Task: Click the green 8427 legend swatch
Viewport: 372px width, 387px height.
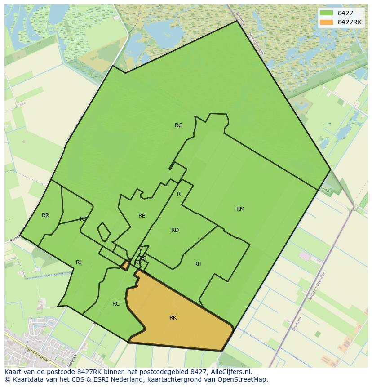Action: pyautogui.click(x=326, y=13)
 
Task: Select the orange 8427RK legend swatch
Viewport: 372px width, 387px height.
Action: pyautogui.click(x=326, y=22)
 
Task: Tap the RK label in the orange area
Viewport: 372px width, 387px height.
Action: pyautogui.click(x=173, y=318)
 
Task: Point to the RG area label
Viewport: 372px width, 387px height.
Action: pyautogui.click(x=179, y=125)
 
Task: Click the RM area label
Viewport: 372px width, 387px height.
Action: pyautogui.click(x=240, y=209)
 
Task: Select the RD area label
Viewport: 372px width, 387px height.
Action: pyautogui.click(x=175, y=230)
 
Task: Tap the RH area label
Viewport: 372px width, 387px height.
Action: pyautogui.click(x=198, y=264)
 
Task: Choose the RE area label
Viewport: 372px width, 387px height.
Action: pyautogui.click(x=142, y=216)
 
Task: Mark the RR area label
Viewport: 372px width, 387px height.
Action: pyautogui.click(x=45, y=215)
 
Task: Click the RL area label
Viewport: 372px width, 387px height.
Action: pyautogui.click(x=79, y=262)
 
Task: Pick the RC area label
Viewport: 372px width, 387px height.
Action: pyautogui.click(x=116, y=304)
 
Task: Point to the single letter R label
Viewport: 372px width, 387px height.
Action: pyautogui.click(x=179, y=194)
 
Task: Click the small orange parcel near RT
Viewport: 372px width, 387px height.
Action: pyautogui.click(x=125, y=265)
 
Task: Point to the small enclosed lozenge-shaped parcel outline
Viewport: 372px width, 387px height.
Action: pyautogui.click(x=104, y=232)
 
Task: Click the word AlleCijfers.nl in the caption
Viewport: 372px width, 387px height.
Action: pyautogui.click(x=230, y=372)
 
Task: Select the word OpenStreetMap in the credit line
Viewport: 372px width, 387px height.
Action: pyautogui.click(x=245, y=379)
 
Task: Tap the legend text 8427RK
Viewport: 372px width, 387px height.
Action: pyautogui.click(x=350, y=22)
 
